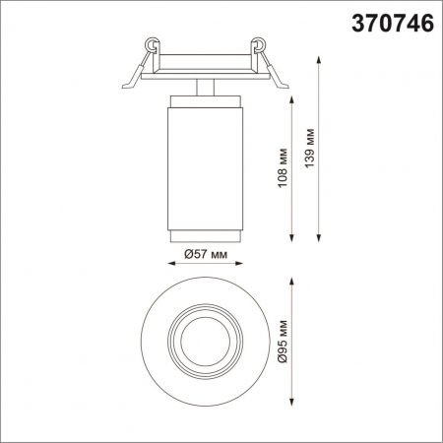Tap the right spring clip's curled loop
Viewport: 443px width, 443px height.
coord(259,44)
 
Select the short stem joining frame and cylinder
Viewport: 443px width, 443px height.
coord(205,87)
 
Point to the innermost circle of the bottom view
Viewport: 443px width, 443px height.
coord(205,343)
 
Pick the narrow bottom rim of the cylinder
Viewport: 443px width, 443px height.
coord(205,232)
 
